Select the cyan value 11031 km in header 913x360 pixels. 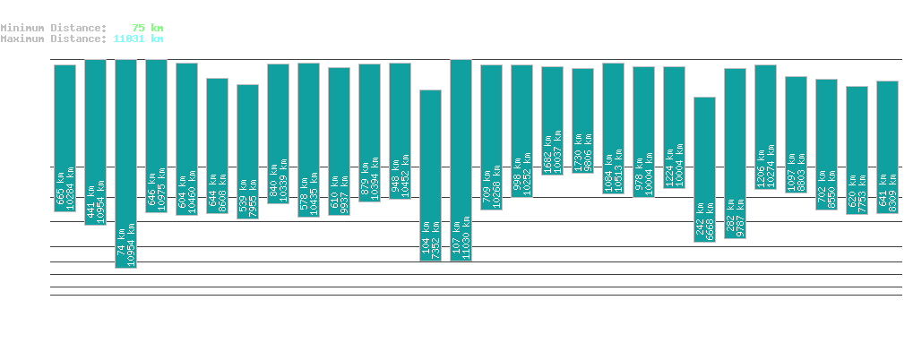click(x=138, y=39)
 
